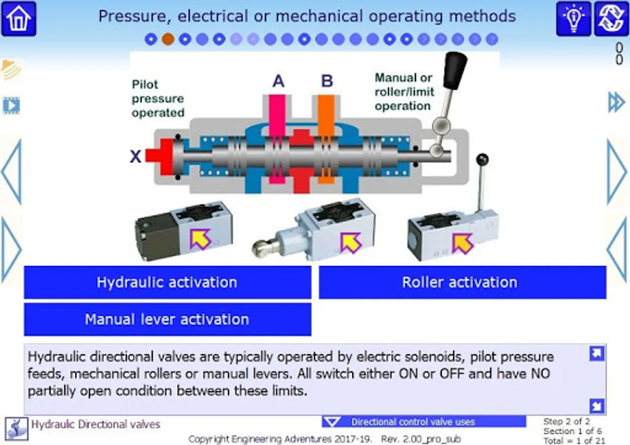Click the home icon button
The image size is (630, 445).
coord(19,19)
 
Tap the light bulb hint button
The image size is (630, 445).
coord(574,19)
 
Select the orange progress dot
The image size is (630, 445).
coord(168,40)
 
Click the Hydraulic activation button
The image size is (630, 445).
coord(168,282)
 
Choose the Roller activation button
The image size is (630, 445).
coord(462,282)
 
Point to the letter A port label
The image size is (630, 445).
coord(279,81)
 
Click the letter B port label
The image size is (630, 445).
coord(327,81)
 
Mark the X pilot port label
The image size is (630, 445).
coord(135,156)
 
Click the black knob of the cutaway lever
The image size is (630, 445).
coord(455,70)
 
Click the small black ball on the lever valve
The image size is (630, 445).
coord(483,160)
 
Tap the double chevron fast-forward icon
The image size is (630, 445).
coord(616,102)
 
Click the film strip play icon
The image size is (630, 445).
coord(11,106)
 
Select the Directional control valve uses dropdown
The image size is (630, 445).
coord(424,422)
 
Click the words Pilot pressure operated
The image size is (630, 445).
coord(158,98)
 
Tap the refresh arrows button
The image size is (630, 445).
coord(611,19)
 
